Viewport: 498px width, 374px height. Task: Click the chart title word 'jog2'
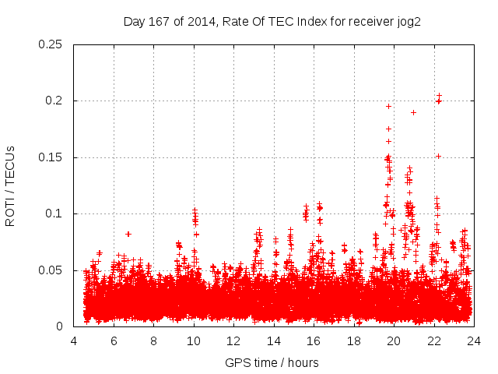(408, 22)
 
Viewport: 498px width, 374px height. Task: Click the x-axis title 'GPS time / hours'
(272, 363)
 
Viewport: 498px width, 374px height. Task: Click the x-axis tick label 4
(74, 340)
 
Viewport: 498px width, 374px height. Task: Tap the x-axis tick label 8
(153, 340)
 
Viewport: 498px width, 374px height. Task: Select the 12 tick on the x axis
(233, 340)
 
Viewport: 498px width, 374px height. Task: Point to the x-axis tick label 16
(314, 340)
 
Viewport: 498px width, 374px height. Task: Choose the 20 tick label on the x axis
(394, 340)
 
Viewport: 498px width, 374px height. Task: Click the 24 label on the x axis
(473, 340)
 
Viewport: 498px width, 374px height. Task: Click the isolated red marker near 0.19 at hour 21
(413, 112)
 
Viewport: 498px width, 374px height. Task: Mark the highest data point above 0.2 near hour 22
(440, 95)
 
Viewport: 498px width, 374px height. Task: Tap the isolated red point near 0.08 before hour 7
(128, 234)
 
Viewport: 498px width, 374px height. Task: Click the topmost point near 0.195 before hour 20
(388, 106)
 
